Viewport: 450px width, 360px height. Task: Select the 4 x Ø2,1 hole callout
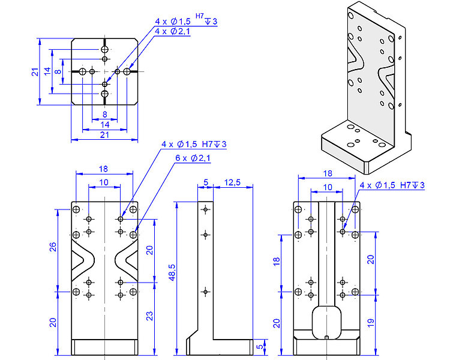pos(172,31)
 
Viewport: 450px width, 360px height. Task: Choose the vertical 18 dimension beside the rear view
pos(277,262)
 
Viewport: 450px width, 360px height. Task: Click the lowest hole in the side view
pos(205,291)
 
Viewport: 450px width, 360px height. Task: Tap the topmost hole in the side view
pos(205,209)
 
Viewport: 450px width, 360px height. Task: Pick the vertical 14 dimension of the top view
pos(47,71)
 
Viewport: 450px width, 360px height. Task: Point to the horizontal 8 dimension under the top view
pos(104,113)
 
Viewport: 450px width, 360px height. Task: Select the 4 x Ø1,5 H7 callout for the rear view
pos(392,185)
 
